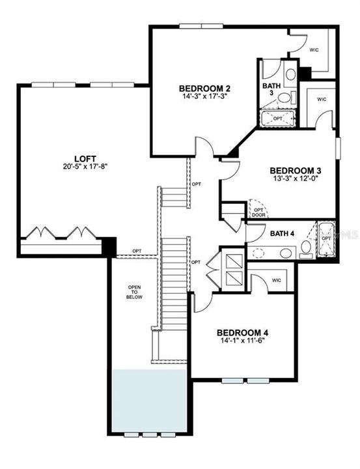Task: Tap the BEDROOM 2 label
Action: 204,88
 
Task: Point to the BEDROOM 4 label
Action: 243,330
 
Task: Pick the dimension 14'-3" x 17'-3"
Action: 204,96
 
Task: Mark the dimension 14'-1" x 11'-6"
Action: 243,339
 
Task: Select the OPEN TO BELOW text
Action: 134,292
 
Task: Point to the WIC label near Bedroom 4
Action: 277,280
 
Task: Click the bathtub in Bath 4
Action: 325,239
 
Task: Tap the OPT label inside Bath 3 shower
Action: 278,118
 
